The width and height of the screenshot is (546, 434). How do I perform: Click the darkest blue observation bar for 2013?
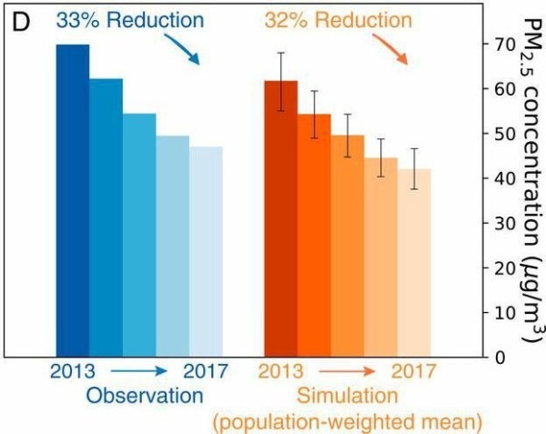tap(73, 199)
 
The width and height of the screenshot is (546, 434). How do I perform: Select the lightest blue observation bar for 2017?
tap(206, 250)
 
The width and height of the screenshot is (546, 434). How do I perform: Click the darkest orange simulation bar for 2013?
tap(280, 217)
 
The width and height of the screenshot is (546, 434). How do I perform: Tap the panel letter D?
tap(21, 19)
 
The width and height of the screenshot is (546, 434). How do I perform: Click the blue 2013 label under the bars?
tap(71, 371)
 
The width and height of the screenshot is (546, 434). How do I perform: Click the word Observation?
tap(145, 396)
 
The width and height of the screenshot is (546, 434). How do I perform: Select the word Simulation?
tap(348, 396)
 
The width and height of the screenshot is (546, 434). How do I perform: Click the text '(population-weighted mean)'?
tap(347, 421)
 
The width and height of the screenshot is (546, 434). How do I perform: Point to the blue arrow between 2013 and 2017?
tap(137, 371)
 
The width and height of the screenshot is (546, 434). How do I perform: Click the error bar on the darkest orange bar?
tap(281, 82)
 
